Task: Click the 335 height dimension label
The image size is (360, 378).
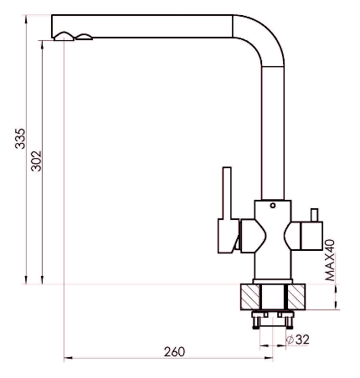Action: pos(20,139)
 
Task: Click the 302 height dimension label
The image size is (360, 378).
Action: pos(36,161)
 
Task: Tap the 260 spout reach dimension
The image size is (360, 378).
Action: pos(174,351)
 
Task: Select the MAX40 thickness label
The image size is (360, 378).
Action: pos(330,260)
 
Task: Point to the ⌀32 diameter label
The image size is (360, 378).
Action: pos(298,340)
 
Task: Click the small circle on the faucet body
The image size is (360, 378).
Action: pos(273,206)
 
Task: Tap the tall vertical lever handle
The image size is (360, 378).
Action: pos(227,193)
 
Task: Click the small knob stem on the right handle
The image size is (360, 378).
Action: pos(315,215)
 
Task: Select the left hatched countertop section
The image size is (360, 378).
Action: pos(250,297)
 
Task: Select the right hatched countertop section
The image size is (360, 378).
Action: pos(296,297)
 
